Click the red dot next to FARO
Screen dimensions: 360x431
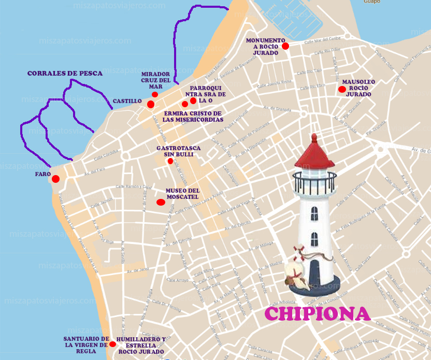(x=55, y=179)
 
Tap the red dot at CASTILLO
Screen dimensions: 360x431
(x=151, y=105)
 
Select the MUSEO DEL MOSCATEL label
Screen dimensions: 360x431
(x=182, y=194)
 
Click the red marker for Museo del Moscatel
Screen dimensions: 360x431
(x=161, y=202)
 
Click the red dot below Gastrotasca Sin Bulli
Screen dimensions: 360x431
(x=170, y=161)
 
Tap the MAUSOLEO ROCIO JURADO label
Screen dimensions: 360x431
(x=358, y=88)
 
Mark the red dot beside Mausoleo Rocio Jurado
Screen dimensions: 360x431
(x=341, y=89)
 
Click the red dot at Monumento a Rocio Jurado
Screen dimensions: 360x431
(x=285, y=46)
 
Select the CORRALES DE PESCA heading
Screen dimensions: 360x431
(x=65, y=74)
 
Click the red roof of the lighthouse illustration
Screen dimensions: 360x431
(x=313, y=155)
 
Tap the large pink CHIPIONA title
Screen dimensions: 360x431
(x=317, y=313)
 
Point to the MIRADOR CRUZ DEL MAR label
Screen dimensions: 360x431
(x=155, y=80)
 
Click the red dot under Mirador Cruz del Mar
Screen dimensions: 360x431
(x=155, y=94)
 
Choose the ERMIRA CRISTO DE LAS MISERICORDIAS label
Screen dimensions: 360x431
(x=192, y=117)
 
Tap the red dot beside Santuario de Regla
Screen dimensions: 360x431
(x=112, y=344)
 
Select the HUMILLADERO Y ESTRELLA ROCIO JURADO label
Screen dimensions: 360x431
(x=141, y=345)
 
